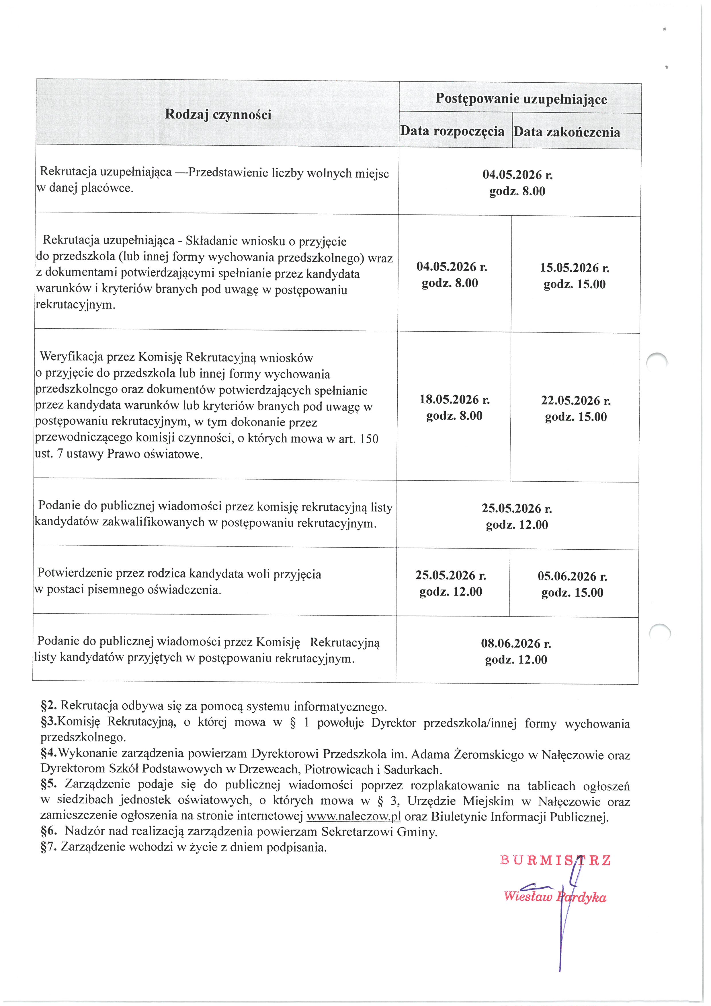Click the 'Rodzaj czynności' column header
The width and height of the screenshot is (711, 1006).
218,114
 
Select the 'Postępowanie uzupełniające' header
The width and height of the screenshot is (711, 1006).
521,99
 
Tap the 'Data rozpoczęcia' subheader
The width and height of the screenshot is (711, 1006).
452,131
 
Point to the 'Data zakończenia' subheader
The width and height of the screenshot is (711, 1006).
567,132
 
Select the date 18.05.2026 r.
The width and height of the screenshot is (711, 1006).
454,400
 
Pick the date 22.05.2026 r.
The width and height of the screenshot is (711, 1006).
576,400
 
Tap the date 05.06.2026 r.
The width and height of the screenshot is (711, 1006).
572,577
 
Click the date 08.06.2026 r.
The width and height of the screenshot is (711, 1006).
516,644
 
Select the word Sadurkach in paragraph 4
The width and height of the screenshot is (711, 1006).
413,770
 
